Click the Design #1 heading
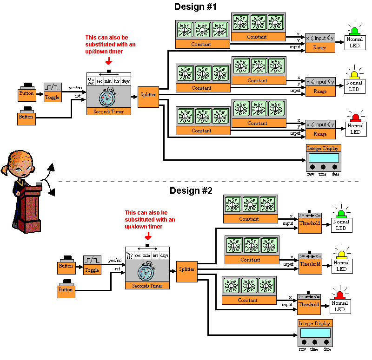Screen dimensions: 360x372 [x=195, y=7]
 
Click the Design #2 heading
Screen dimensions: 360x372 [x=191, y=190]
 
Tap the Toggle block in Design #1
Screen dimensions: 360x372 [x=53, y=92]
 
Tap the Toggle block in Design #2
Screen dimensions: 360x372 [x=92, y=265]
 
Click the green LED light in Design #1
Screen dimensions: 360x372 [x=355, y=31]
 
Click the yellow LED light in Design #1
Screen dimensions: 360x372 [x=355, y=74]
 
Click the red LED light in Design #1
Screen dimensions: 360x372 [x=355, y=117]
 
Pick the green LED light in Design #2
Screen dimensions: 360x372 [x=341, y=213]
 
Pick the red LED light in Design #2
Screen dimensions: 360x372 [x=340, y=294]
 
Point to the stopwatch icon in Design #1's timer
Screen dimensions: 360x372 [x=108, y=98]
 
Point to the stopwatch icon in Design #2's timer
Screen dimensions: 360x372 [x=147, y=271]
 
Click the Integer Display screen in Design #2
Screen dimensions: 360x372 [x=315, y=333]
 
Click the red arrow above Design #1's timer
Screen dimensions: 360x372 [x=108, y=61]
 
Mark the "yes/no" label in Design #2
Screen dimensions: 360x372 [x=114, y=261]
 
